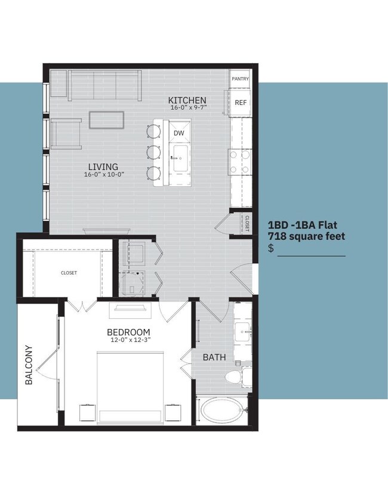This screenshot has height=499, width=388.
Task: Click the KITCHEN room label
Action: (187, 100)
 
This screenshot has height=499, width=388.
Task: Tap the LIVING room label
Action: (103, 167)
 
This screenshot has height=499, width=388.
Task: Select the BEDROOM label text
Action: (128, 332)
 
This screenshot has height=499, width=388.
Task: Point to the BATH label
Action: (214, 358)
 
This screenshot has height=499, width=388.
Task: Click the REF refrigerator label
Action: (241, 103)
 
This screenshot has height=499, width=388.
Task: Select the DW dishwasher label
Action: (178, 133)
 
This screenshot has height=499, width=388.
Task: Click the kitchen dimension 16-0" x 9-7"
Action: (187, 108)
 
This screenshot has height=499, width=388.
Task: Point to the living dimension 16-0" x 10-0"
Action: (104, 174)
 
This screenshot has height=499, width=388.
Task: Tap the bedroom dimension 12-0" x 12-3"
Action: (128, 340)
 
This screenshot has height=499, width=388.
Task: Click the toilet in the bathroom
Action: (236, 376)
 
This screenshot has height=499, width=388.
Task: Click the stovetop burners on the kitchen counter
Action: (239, 161)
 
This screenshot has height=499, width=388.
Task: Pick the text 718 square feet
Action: (306, 236)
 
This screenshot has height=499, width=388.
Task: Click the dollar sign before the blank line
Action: (271, 248)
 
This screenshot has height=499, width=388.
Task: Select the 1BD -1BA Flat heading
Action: (303, 226)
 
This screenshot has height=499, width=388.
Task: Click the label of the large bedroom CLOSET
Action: (69, 273)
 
